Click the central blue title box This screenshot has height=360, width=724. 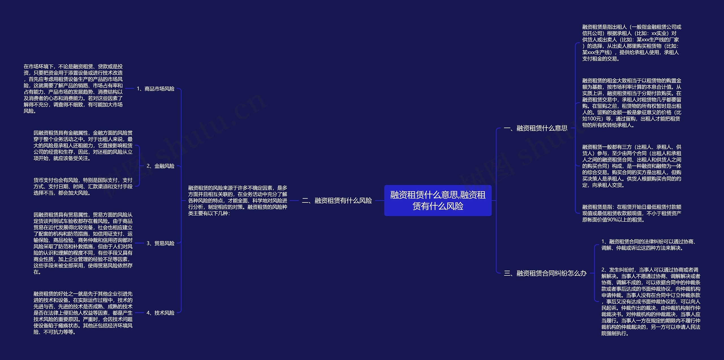(x=438, y=201)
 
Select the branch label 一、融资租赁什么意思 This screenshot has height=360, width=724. (x=535, y=128)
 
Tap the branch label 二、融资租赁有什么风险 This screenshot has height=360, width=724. (x=337, y=201)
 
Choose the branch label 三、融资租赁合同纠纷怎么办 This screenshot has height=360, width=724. (x=545, y=273)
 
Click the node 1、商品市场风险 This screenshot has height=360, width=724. (x=156, y=89)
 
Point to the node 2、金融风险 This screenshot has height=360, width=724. (x=160, y=166)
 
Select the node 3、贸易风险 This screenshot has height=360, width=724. (x=160, y=243)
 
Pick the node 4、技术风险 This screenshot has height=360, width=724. (x=160, y=313)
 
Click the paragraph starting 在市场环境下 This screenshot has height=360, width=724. (x=73, y=89)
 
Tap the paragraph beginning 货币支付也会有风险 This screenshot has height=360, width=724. (x=83, y=186)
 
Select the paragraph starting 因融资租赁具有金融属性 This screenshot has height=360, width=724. (x=83, y=146)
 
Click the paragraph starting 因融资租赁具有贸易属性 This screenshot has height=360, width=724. (x=83, y=243)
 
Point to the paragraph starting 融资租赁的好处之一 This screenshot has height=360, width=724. (x=83, y=313)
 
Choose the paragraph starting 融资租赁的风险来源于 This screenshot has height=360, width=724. (x=238, y=201)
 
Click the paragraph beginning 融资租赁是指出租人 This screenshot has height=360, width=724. (x=632, y=43)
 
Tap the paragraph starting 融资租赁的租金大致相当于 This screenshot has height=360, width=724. (x=632, y=103)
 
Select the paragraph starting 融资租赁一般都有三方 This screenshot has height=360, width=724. (x=632, y=166)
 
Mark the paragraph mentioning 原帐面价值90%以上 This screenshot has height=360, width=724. (x=632, y=213)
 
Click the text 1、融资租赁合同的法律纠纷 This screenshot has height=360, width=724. (x=649, y=245)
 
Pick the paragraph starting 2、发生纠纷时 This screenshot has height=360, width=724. (x=650, y=301)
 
